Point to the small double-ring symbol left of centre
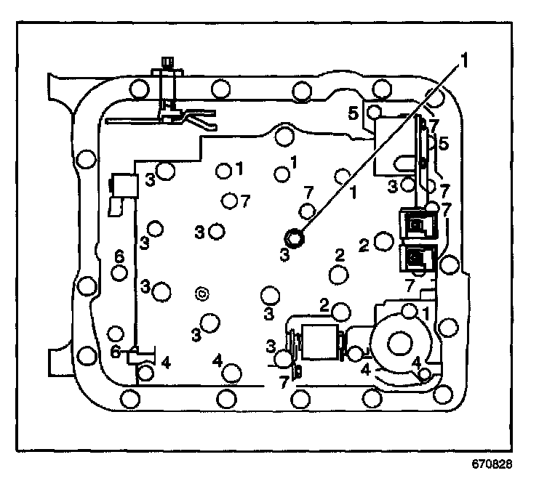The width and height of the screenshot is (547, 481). pos(202,294)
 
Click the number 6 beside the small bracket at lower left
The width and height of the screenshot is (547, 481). pos(114,351)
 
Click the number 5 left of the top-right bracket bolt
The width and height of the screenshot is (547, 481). pos(352,113)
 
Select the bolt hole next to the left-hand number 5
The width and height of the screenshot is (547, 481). pos(374,112)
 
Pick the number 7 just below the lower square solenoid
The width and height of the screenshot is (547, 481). pos(410,284)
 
